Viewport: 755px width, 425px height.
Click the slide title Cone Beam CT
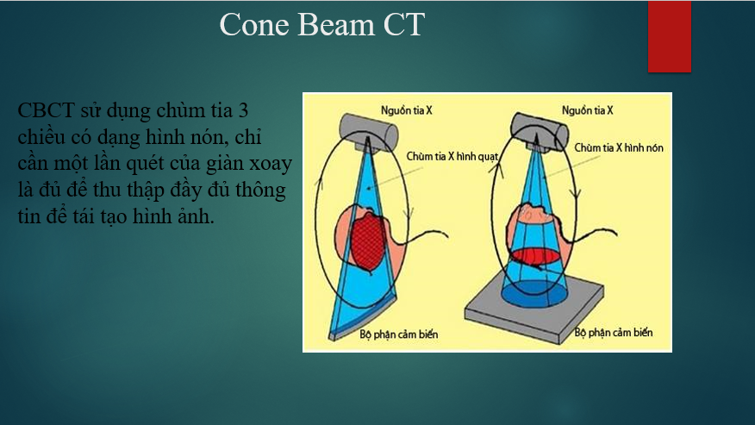click(x=322, y=25)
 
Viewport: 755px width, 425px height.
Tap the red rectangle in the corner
click(x=670, y=36)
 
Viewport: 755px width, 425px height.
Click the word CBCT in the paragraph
click(x=46, y=110)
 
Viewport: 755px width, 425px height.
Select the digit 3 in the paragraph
click(x=243, y=110)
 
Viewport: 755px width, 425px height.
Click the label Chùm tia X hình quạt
click(x=452, y=157)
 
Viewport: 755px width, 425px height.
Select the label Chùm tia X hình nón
click(x=619, y=148)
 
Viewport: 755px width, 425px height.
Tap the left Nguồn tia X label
click(x=407, y=110)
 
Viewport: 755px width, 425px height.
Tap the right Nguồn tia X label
click(x=588, y=110)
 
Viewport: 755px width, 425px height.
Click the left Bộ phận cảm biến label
click(x=399, y=334)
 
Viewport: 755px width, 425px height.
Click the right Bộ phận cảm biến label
click(x=614, y=332)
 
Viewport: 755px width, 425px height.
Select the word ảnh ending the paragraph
click(x=196, y=216)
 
